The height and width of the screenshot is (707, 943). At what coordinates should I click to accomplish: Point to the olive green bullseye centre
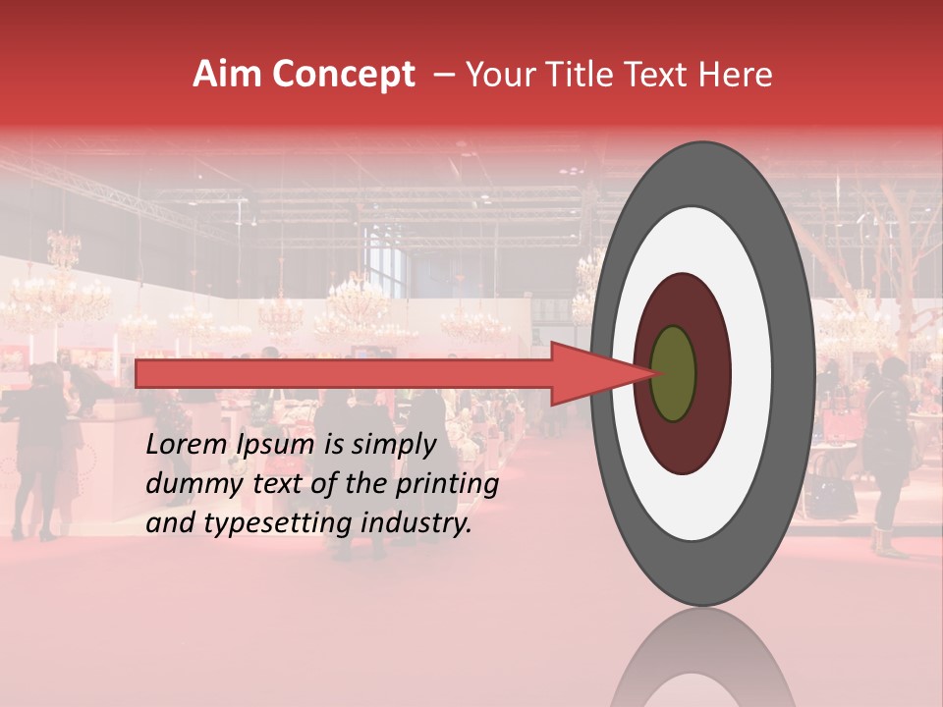tap(674, 374)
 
